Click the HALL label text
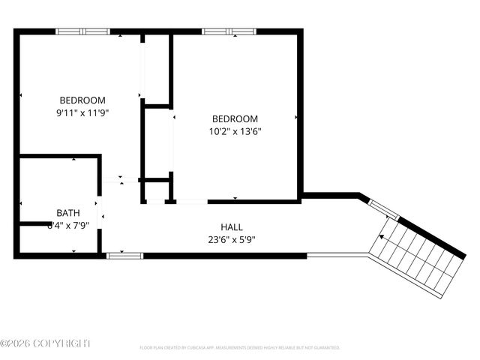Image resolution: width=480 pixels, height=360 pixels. point(231,227)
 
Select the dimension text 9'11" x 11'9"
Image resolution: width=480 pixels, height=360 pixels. point(82,112)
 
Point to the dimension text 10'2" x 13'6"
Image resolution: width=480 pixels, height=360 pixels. point(235,131)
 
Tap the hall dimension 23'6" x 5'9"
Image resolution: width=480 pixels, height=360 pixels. point(231,240)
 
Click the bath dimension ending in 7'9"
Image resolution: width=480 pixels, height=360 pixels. point(69,224)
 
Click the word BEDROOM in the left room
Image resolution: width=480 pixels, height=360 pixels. point(82,100)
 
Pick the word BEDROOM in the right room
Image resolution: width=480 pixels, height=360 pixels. point(235,118)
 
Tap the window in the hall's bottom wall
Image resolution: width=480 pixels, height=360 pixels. point(124,256)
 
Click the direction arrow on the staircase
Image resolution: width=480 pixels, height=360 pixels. point(382,236)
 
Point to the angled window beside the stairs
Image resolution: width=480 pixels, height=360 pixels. point(382,209)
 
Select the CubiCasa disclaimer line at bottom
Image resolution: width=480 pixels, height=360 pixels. point(240,348)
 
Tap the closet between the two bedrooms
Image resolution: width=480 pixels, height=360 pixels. point(157,142)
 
